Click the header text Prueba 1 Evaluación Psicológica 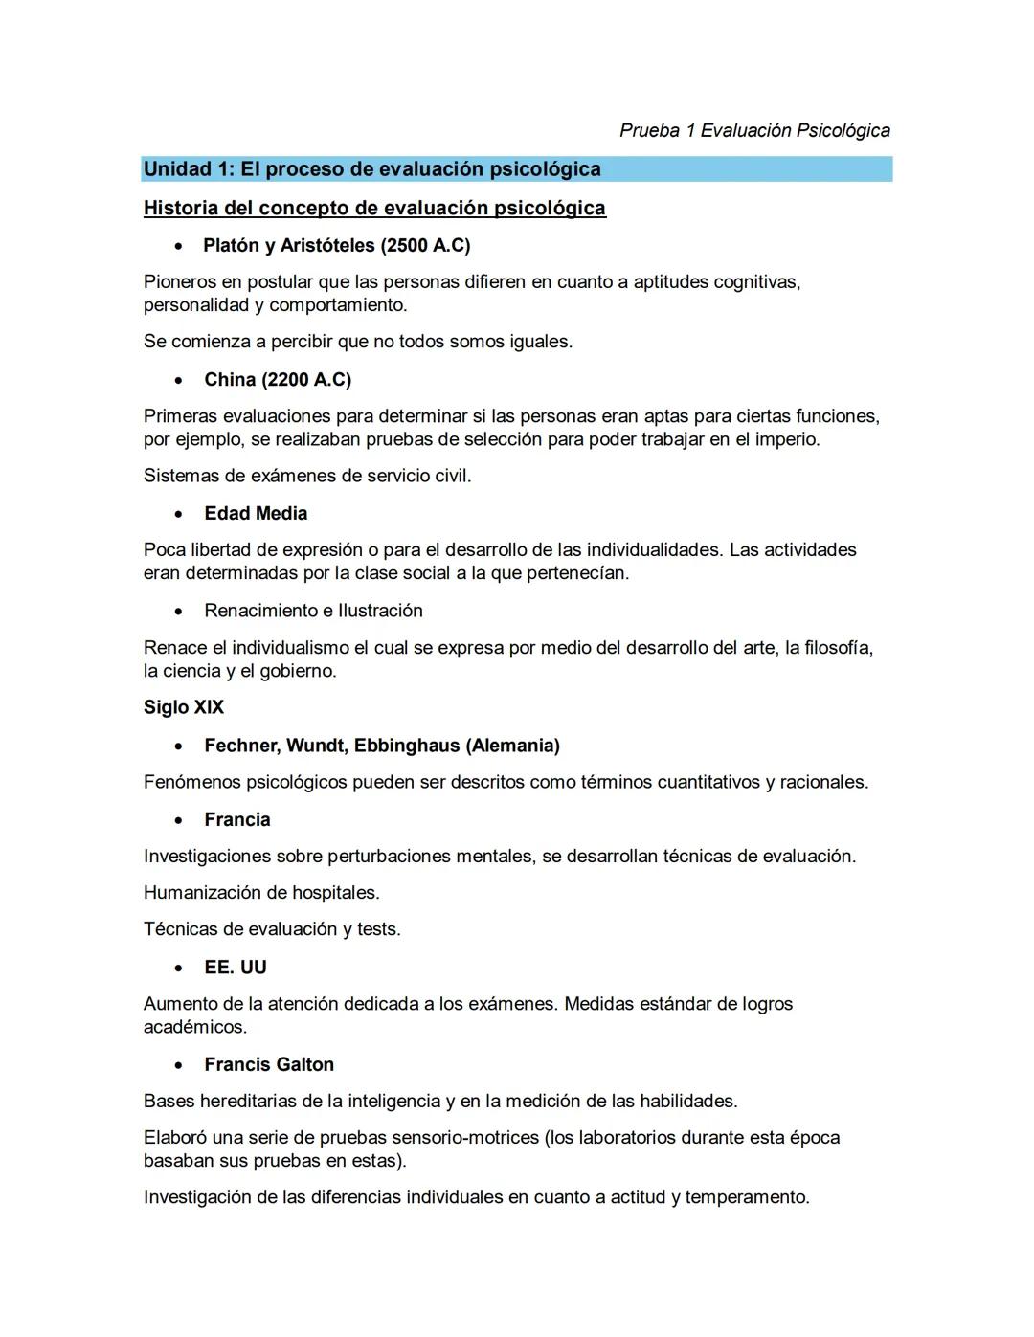point(754,130)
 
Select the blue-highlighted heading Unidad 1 point(371,169)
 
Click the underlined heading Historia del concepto point(374,208)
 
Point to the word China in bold point(230,380)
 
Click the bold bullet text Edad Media point(256,514)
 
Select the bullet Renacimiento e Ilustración point(313,611)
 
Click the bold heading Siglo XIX point(184,707)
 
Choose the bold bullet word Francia point(237,820)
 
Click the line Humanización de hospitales point(261,893)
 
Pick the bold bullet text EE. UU point(236,968)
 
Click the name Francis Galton point(269,1065)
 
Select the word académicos point(195,1027)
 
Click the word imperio point(788,439)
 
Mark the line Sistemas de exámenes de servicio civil point(307,476)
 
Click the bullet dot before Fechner point(179,746)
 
